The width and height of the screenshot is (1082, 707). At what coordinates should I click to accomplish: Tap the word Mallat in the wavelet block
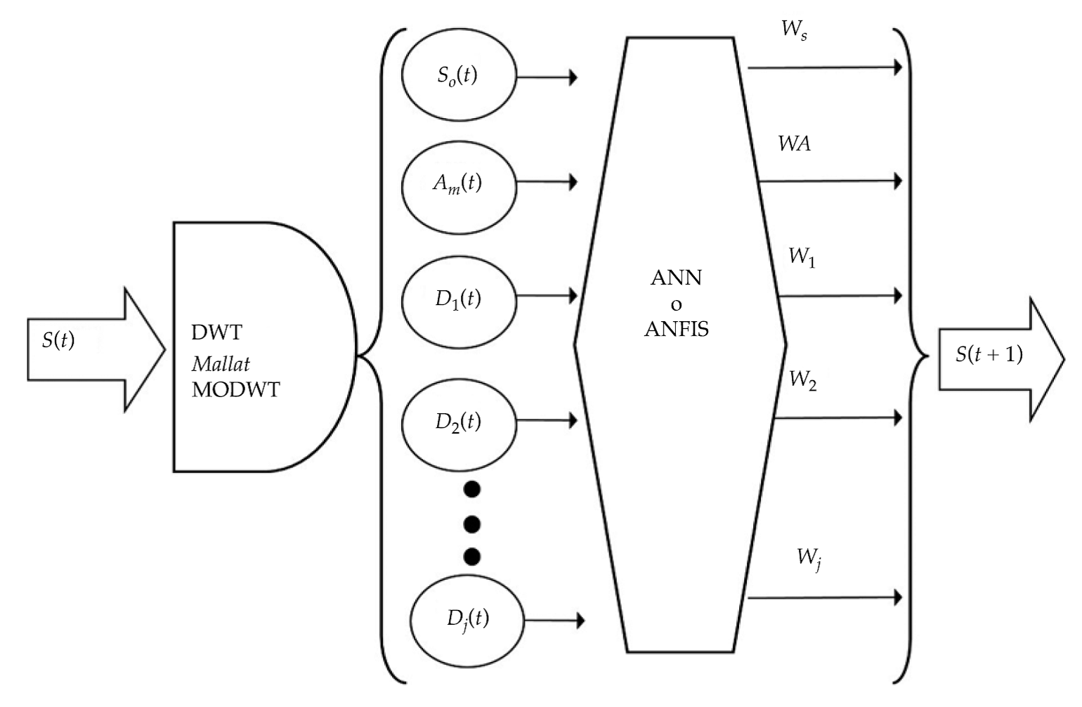[221, 364]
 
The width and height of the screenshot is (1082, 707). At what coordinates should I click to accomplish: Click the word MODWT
[235, 389]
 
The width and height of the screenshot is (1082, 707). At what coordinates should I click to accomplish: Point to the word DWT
[216, 332]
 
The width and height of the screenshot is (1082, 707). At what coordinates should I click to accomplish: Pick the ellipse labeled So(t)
[458, 75]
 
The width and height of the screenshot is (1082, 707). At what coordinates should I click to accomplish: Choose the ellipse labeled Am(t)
[458, 183]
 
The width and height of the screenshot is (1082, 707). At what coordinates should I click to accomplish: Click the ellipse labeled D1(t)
[458, 299]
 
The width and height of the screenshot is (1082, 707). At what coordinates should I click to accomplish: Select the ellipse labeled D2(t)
[458, 422]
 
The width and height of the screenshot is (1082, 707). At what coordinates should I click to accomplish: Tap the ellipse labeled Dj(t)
[468, 619]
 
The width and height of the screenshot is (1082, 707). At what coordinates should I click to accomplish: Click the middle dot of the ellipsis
[472, 524]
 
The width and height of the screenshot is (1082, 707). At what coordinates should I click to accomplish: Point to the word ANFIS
[676, 329]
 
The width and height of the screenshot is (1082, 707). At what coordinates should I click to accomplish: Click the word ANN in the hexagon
[676, 278]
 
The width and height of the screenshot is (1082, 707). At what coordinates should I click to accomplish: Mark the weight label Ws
[794, 30]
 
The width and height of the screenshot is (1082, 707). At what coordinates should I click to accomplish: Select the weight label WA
[794, 144]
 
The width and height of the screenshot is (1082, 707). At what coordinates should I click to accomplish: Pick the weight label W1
[801, 257]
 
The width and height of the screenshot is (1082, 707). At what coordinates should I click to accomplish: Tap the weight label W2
[802, 380]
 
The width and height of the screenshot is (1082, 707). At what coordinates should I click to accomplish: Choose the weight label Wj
[809, 559]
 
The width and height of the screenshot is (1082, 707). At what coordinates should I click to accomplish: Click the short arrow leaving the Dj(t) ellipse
[555, 621]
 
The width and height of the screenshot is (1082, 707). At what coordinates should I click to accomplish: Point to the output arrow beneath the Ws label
[825, 68]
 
